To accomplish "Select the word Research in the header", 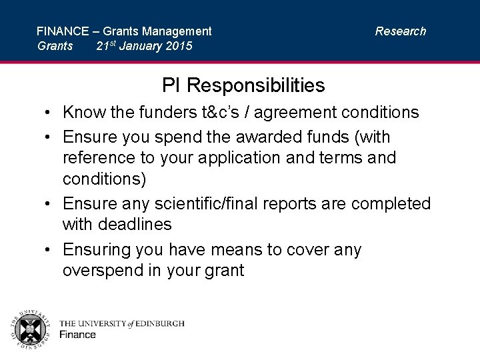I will [400, 31].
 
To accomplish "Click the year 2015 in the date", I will [177, 47].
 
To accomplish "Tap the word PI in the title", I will [171, 85].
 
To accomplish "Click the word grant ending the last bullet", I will [225, 271].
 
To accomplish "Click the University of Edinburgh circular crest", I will [29, 329].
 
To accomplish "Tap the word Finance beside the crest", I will [77, 335].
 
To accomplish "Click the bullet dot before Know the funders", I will [50, 113].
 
